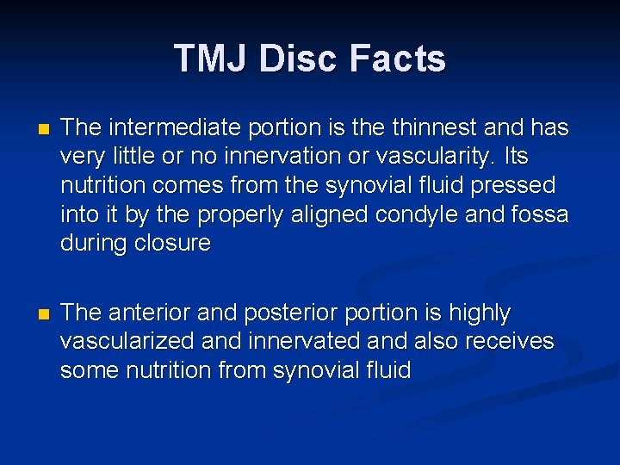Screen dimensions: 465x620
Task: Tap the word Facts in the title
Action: point(399,59)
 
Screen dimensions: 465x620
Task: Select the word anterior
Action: point(146,313)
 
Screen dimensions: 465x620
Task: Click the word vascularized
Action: point(127,341)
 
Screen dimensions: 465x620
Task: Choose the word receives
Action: point(509,341)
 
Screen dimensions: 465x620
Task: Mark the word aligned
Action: point(328,214)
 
